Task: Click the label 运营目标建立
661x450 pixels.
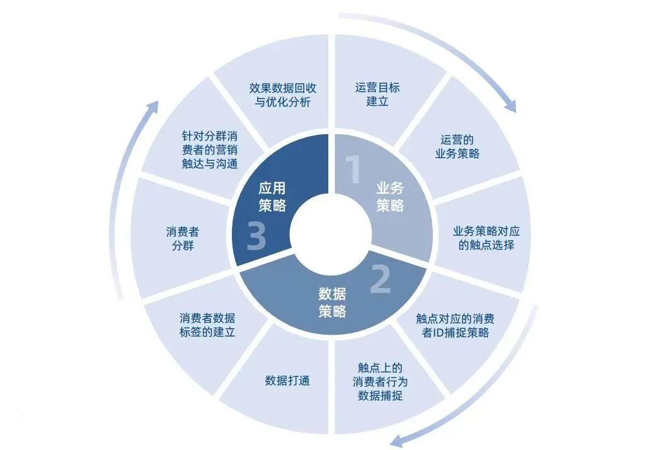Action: tap(377, 95)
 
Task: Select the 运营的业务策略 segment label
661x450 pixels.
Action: tap(457, 147)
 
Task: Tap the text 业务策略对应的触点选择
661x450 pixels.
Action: tap(486, 238)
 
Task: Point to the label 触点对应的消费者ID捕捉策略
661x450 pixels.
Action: tap(456, 326)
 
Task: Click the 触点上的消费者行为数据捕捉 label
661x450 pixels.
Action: tap(380, 382)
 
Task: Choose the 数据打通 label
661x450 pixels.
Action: tap(287, 381)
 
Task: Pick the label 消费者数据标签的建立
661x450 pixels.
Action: tap(207, 325)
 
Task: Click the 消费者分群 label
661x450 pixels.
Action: tap(183, 238)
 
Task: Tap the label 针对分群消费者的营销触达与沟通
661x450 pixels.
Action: tap(210, 150)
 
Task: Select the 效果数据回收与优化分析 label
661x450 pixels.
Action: tap(283, 95)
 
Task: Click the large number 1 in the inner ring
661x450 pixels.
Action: tap(353, 169)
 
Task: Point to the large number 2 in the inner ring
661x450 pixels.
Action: tap(381, 279)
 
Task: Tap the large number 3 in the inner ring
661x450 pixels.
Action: tap(256, 236)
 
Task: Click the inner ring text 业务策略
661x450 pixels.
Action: tap(390, 197)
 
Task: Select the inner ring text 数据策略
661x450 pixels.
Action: tap(333, 303)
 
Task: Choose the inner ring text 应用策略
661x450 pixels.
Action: tap(272, 197)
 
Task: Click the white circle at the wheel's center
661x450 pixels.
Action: tap(331, 235)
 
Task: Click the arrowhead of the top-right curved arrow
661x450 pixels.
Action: tap(510, 105)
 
